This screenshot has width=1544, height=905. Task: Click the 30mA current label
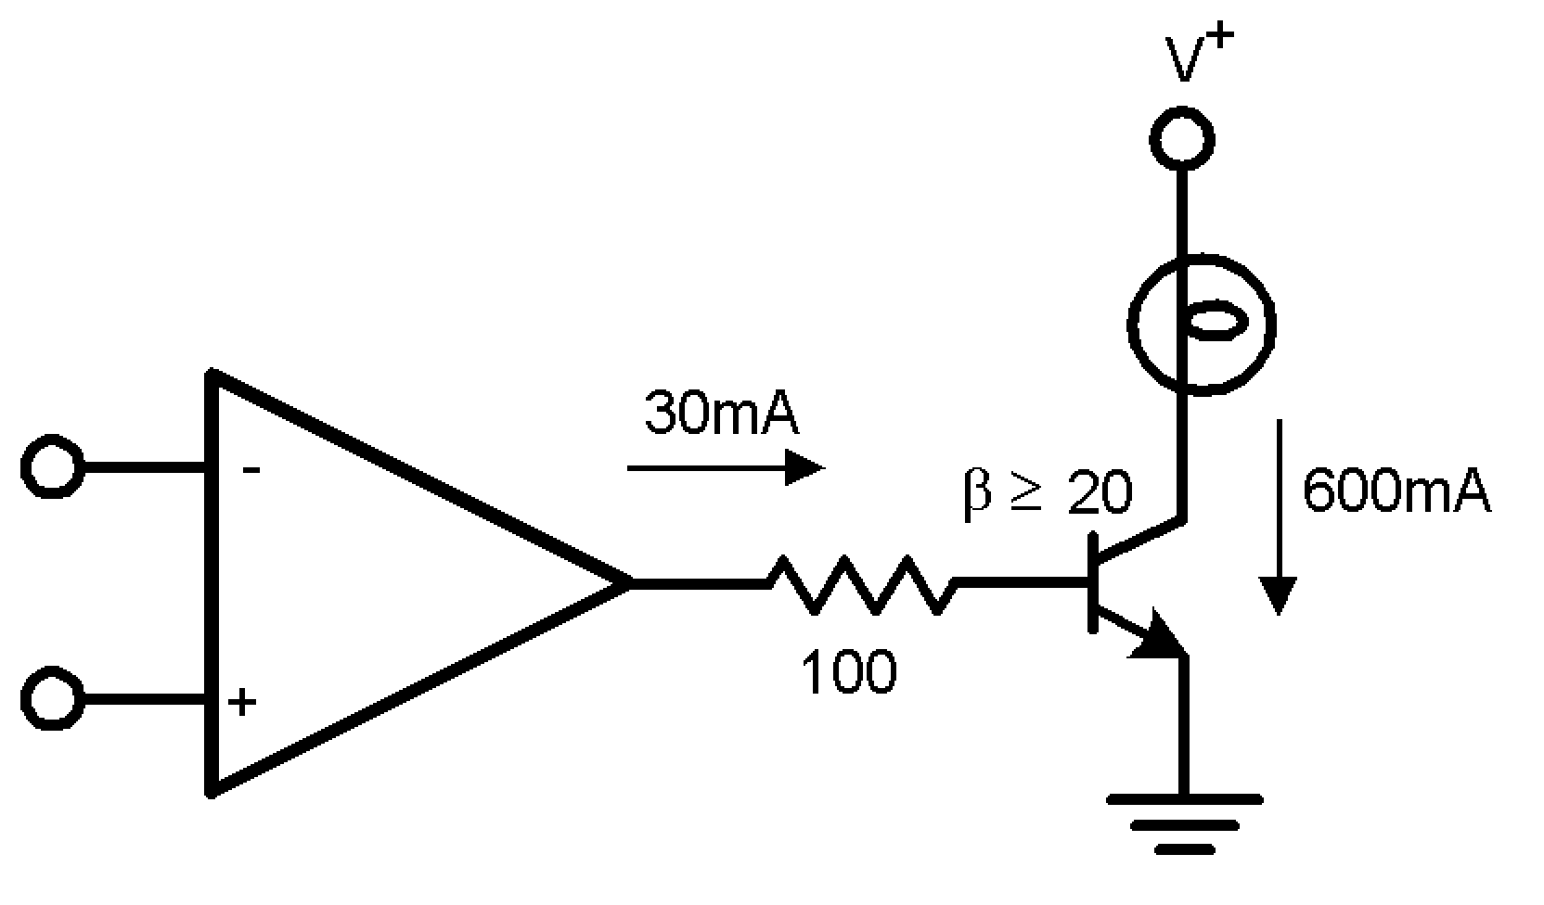pyautogui.click(x=721, y=414)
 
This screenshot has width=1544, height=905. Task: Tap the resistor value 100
pyautogui.click(x=848, y=671)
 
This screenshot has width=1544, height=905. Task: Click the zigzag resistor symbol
pyautogui.click(x=861, y=584)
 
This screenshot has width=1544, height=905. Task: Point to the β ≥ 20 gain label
pyautogui.click(x=1048, y=491)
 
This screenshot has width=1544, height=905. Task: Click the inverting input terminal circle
pyautogui.click(x=52, y=465)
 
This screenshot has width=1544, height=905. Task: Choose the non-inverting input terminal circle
pyautogui.click(x=52, y=699)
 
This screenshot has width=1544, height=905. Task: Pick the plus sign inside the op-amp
pyautogui.click(x=243, y=701)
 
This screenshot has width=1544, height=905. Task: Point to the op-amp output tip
pyautogui.click(x=627, y=583)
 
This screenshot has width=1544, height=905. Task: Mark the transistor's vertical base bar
pyautogui.click(x=1093, y=583)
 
